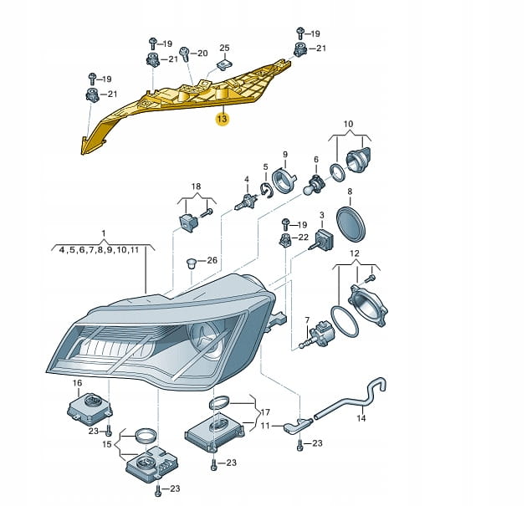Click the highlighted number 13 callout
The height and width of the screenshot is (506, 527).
(223, 119)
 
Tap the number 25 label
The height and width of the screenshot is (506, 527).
(224, 48)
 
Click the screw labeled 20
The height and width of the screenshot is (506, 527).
(185, 54)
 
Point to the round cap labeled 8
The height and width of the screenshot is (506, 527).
(350, 224)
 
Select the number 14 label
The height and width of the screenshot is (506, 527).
(361, 418)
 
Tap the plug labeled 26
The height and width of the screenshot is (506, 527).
(191, 263)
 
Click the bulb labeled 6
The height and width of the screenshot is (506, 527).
(315, 185)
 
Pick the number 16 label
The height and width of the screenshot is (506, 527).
(77, 383)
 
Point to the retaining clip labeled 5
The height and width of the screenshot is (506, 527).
(266, 191)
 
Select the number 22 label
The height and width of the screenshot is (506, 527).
(303, 238)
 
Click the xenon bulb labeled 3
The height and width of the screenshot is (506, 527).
(322, 239)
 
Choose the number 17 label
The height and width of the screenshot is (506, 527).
(265, 412)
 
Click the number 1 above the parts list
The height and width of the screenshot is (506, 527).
(104, 233)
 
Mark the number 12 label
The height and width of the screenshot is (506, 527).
(355, 253)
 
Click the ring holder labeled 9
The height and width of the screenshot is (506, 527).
(284, 181)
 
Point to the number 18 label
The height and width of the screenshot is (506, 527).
(197, 187)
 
